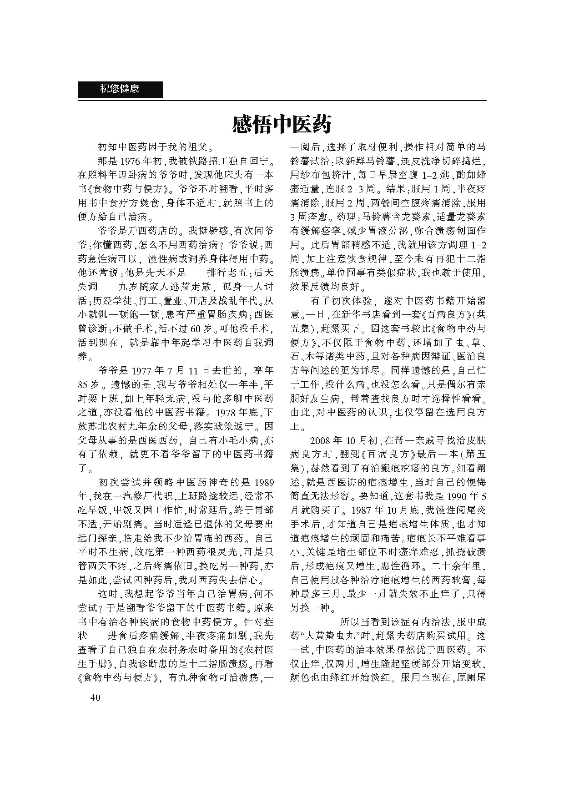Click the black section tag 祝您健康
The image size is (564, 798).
point(120,89)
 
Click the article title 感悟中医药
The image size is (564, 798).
point(282,124)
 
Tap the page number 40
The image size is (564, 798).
point(95,698)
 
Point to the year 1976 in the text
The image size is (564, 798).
point(132,162)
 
